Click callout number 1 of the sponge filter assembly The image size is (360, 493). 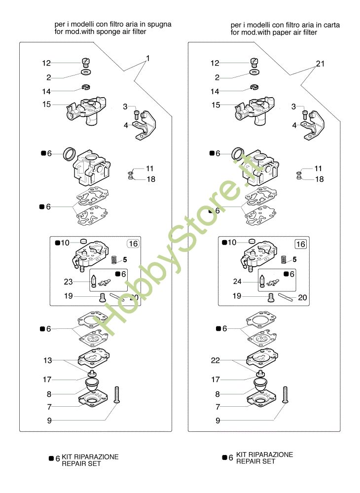tap(148, 58)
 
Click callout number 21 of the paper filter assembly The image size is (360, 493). tap(320, 64)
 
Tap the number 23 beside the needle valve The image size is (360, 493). tap(68, 282)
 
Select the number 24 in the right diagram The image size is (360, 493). tap(237, 282)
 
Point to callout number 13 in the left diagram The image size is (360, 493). tap(47, 360)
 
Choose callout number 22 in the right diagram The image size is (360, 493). tap(216, 360)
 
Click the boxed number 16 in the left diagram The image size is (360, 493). tap(133, 244)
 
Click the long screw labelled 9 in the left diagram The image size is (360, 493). tap(117, 395)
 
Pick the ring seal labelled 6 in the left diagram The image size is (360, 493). tap(70, 153)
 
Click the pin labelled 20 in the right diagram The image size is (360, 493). tap(286, 297)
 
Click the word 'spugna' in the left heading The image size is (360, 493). tap(159, 25)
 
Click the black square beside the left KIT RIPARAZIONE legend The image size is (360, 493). tap(51, 458)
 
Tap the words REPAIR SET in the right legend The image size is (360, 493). tap(255, 461)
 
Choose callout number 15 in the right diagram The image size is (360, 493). tap(216, 105)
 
